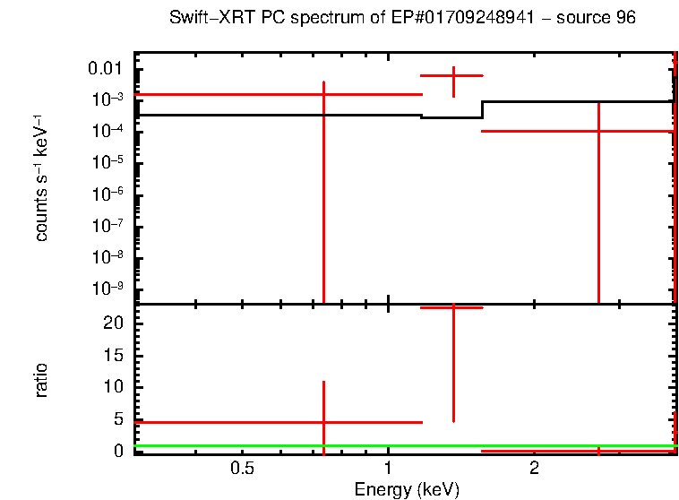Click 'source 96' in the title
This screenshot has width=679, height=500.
pyautogui.click(x=601, y=19)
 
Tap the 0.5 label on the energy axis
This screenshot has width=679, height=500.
pyautogui.click(x=242, y=469)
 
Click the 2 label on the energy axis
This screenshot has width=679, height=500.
pyautogui.click(x=534, y=469)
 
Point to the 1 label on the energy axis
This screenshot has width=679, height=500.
pyautogui.click(x=388, y=469)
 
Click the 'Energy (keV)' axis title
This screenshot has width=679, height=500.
pyautogui.click(x=407, y=489)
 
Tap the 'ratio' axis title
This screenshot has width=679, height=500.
pyautogui.click(x=41, y=380)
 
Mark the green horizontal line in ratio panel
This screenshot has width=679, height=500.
pyautogui.click(x=269, y=445)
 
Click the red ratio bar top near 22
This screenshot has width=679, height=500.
pyautogui.click(x=453, y=307)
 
